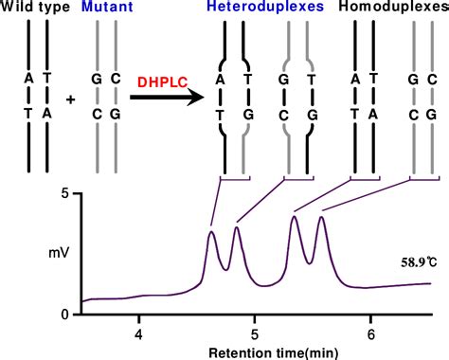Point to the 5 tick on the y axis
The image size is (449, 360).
(64, 194)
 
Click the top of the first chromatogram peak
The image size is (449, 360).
(211, 231)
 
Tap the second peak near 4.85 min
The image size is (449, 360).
(236, 227)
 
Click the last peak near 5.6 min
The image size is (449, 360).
(322, 218)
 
